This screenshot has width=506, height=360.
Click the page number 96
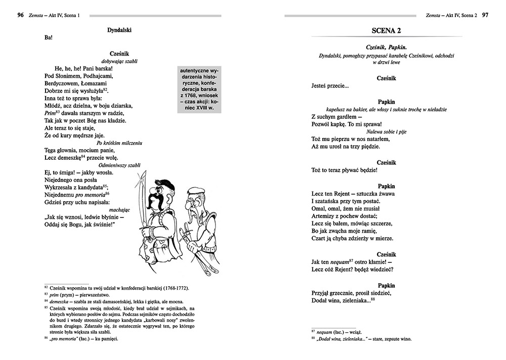(20, 16)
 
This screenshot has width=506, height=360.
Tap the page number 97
(485, 16)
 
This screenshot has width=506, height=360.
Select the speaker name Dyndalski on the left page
(119, 30)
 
